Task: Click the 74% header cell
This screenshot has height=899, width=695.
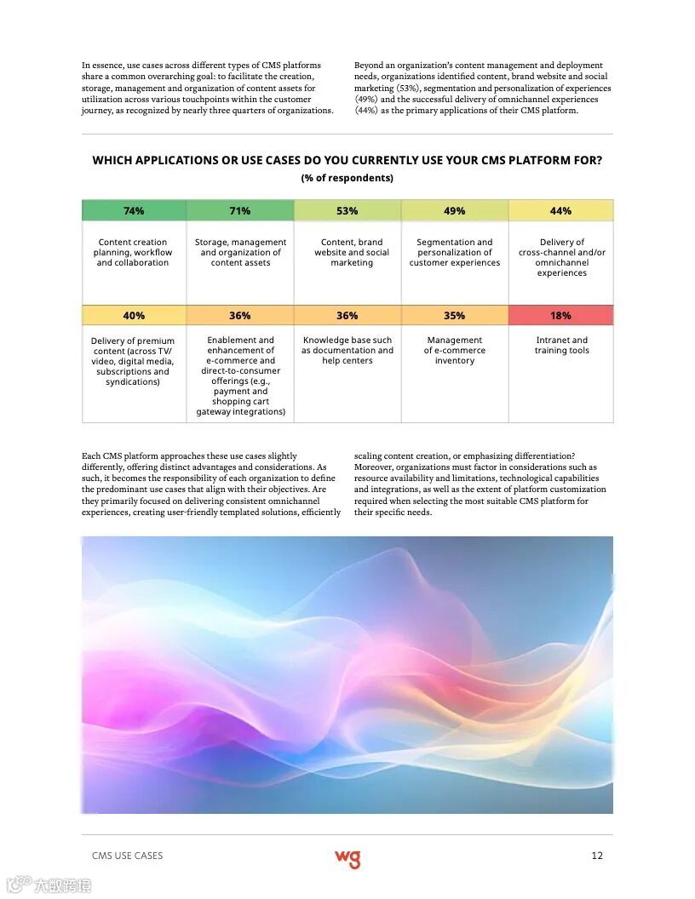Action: click(x=134, y=211)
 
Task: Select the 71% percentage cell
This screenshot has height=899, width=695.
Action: click(x=240, y=211)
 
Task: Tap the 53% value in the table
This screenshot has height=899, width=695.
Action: click(x=347, y=211)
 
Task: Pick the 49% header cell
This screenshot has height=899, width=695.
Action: click(x=455, y=211)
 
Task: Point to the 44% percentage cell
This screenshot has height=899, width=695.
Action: click(x=560, y=211)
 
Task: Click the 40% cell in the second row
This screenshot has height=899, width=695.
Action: click(x=134, y=316)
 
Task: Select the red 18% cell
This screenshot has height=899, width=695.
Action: click(x=560, y=316)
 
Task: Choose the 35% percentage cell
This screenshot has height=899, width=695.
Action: click(x=455, y=316)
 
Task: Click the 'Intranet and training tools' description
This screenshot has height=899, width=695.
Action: click(x=561, y=346)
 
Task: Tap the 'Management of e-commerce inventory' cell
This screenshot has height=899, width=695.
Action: click(x=455, y=350)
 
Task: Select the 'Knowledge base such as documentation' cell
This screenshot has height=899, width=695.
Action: click(x=347, y=350)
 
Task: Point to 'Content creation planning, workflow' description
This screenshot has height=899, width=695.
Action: click(x=133, y=253)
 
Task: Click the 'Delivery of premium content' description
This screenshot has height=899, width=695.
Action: click(x=133, y=361)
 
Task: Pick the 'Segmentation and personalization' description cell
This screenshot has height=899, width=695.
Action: click(x=455, y=253)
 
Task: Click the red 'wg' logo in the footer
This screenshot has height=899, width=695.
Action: click(x=347, y=858)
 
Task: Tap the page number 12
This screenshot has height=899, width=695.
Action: click(x=597, y=856)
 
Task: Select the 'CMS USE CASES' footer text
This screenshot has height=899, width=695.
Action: click(x=127, y=856)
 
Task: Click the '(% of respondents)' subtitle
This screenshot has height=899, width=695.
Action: click(x=347, y=178)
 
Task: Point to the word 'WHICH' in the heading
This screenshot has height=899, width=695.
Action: click(x=113, y=160)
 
